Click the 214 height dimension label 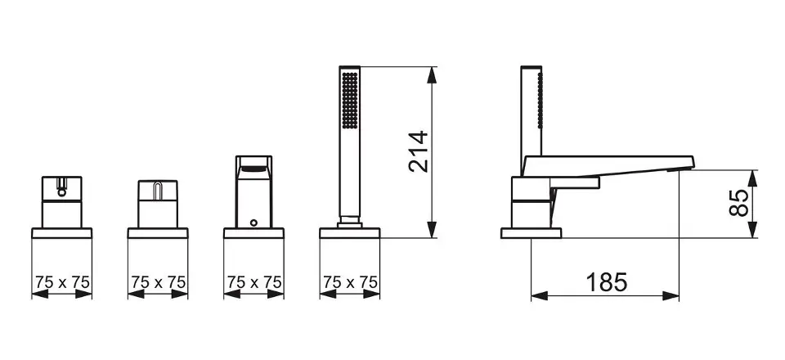click(x=419, y=151)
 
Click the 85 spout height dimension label click(x=739, y=202)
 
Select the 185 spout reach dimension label click(x=606, y=282)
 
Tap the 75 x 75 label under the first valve click(x=62, y=282)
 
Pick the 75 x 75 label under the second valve click(x=158, y=282)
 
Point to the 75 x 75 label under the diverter click(x=254, y=282)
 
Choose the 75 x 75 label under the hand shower click(x=350, y=282)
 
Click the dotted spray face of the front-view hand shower click(x=350, y=100)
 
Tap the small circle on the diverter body click(x=253, y=223)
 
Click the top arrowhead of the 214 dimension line click(x=432, y=75)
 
